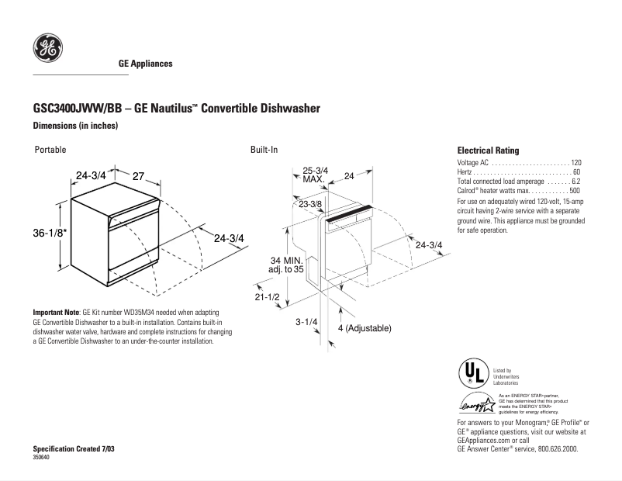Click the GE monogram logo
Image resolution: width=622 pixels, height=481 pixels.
[47, 49]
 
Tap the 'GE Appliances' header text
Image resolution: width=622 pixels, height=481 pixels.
[145, 64]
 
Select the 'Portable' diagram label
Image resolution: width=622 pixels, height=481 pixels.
[50, 150]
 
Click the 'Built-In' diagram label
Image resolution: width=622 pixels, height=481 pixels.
[264, 150]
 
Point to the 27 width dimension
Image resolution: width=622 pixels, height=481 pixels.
[140, 176]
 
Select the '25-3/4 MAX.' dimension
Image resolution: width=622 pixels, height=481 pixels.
[314, 175]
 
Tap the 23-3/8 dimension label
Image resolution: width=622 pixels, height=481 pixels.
[310, 203]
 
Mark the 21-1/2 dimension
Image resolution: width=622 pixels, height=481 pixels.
[266, 297]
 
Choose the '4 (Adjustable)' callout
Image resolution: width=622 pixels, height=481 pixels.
[365, 328]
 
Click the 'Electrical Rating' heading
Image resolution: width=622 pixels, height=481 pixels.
[488, 151]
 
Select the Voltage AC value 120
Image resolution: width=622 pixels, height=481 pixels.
[575, 163]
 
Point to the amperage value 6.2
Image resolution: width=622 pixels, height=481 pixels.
[575, 182]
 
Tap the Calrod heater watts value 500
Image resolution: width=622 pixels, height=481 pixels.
[575, 191]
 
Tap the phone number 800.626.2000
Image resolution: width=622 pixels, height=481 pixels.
[551, 449]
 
